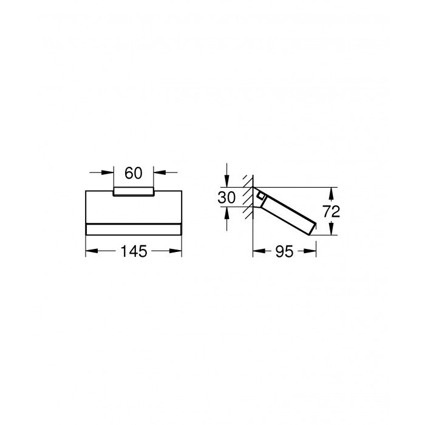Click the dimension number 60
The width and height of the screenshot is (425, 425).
click(133, 173)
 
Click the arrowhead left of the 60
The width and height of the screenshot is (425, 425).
click(110, 173)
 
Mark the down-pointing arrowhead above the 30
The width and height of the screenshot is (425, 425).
click(226, 183)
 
